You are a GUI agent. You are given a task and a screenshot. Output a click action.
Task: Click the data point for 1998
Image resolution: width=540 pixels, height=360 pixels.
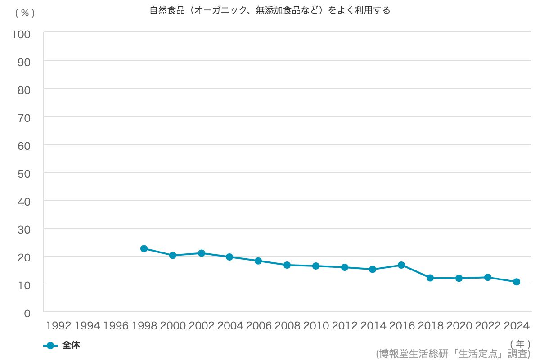[x=144, y=248]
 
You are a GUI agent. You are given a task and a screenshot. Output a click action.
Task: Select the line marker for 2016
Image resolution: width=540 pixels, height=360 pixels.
[x=401, y=265]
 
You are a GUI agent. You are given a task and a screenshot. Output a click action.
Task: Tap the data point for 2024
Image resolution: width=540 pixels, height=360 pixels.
[x=517, y=282]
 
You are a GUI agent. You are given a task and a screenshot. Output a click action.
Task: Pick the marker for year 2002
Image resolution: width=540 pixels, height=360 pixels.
[x=202, y=253]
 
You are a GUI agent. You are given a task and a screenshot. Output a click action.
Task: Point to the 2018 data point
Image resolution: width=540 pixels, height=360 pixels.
[x=430, y=278]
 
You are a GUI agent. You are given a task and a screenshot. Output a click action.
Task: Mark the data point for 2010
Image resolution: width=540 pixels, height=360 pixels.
[x=316, y=266]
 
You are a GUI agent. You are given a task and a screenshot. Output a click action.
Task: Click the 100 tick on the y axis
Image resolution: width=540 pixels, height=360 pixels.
[x=21, y=35]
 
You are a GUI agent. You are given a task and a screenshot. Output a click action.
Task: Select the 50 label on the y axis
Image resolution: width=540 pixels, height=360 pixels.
[x=24, y=174]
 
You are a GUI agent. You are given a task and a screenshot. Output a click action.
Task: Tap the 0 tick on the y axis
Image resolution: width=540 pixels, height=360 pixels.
[x=27, y=314]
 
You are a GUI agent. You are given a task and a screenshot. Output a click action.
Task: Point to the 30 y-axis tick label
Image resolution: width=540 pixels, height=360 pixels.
[x=24, y=230]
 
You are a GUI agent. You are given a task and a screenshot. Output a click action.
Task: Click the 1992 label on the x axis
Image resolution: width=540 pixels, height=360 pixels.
[x=58, y=326]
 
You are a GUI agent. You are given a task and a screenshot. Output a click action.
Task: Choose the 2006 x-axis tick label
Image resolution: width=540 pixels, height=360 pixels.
[x=259, y=326]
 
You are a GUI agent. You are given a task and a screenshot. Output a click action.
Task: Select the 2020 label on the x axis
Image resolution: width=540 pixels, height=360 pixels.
[x=459, y=326]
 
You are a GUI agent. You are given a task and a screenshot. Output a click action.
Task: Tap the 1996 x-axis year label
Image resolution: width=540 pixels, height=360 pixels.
[x=116, y=326]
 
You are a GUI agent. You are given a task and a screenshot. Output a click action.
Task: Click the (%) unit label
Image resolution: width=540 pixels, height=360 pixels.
[x=25, y=13]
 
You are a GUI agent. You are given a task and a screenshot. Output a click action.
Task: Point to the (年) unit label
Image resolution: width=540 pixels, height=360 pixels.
[x=520, y=344]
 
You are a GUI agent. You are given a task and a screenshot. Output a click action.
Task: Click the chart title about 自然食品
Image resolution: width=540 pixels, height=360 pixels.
[x=270, y=10]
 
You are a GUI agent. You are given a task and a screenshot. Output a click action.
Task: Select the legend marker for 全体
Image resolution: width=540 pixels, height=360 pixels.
[x=50, y=346]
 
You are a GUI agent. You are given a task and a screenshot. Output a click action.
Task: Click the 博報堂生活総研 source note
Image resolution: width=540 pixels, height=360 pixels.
[x=453, y=354]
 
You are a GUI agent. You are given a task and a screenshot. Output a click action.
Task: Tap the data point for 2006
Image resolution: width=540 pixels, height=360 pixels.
[x=258, y=261]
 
